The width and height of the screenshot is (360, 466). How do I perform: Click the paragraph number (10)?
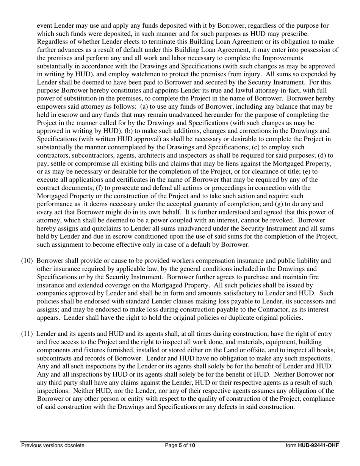coord(28,261)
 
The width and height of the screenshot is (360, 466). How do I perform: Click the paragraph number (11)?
coord(28,334)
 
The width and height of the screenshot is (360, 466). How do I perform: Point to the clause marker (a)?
coord(145,107)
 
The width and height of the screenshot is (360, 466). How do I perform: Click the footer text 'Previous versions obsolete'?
coord(53,446)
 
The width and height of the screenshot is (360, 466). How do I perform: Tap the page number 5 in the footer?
coord(180,446)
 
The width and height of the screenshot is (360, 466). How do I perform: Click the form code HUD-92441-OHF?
coord(318,446)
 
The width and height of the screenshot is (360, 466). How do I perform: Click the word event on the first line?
coord(45,26)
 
